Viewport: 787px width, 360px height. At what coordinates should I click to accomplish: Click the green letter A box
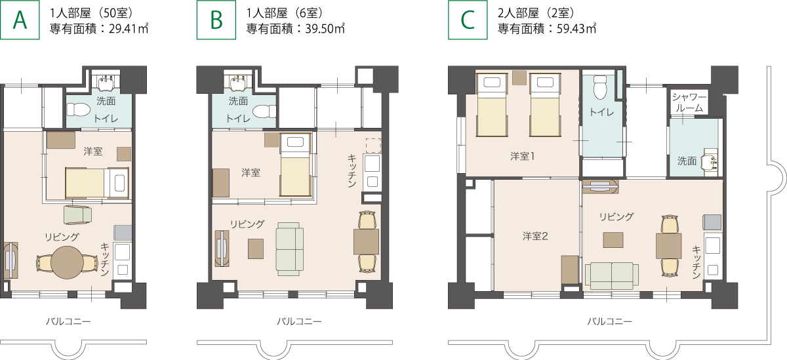[x=20, y=20]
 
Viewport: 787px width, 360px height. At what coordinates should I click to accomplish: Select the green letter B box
[x=216, y=20]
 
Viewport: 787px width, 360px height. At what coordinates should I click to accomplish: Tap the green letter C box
[x=468, y=20]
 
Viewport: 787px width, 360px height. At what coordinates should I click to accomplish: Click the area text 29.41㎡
[x=129, y=28]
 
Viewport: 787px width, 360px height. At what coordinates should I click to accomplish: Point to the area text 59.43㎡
[x=576, y=28]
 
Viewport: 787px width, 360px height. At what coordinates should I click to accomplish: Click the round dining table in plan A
[x=67, y=262]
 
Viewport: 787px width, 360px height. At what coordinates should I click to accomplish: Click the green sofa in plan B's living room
[x=289, y=249]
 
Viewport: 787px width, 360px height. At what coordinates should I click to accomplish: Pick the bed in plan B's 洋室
[x=296, y=165]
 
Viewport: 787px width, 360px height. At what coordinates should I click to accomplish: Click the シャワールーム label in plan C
[x=689, y=102]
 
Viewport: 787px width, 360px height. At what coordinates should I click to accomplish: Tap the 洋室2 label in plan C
[x=535, y=236]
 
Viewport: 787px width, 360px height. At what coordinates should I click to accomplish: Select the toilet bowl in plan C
[x=600, y=87]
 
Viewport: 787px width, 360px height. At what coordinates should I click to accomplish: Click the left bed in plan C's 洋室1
[x=492, y=105]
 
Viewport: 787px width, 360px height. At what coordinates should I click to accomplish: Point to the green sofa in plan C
[x=612, y=276]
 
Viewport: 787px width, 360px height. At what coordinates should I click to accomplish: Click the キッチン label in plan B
[x=352, y=170]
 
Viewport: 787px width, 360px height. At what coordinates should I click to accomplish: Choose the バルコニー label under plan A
[x=68, y=321]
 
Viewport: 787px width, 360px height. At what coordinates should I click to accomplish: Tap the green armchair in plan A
[x=77, y=214]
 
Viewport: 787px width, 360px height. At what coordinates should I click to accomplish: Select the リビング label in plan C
[x=616, y=216]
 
